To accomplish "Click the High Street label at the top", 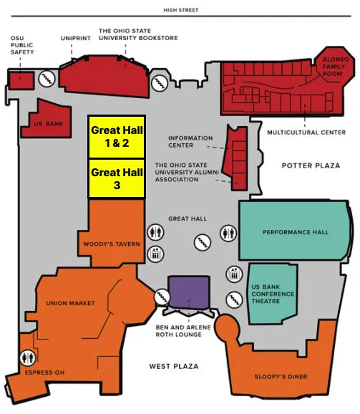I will (x=179, y=10).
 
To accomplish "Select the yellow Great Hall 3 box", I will (x=117, y=178).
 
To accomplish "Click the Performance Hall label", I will (x=295, y=232).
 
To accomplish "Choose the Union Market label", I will (x=70, y=303).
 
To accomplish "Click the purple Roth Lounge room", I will (x=190, y=291).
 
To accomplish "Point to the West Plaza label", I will (x=173, y=367).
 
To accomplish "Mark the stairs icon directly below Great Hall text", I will (x=202, y=243).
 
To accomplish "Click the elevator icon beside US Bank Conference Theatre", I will (x=234, y=273).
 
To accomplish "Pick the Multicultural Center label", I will (x=306, y=133).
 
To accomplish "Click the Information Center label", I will (x=190, y=142).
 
